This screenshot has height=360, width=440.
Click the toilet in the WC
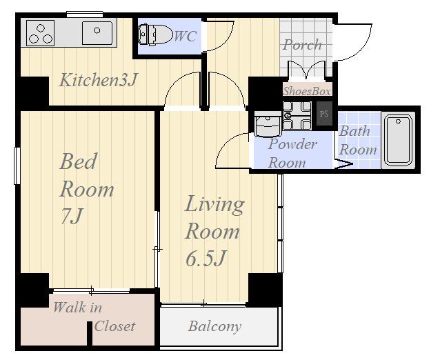(155, 34)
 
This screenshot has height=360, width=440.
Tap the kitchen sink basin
(97, 33)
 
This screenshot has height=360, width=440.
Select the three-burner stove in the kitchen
(41, 33)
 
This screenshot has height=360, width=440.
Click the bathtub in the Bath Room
(398, 140)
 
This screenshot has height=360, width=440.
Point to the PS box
(324, 114)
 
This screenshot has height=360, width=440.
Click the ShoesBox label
(307, 91)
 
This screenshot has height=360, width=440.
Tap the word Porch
(302, 46)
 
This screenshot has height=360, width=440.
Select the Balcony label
(215, 327)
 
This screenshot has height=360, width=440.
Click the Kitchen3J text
(99, 80)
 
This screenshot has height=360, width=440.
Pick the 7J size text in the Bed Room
(72, 216)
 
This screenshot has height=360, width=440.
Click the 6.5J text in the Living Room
(206, 259)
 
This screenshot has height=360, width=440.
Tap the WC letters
(186, 36)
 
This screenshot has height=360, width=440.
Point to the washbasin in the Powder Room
(267, 123)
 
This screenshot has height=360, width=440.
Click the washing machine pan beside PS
(297, 116)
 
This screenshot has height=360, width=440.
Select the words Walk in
(77, 308)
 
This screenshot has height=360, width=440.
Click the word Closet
(114, 326)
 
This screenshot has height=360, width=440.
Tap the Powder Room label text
(292, 154)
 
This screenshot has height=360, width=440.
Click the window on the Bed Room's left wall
(17, 166)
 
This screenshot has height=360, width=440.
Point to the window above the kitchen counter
(85, 14)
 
